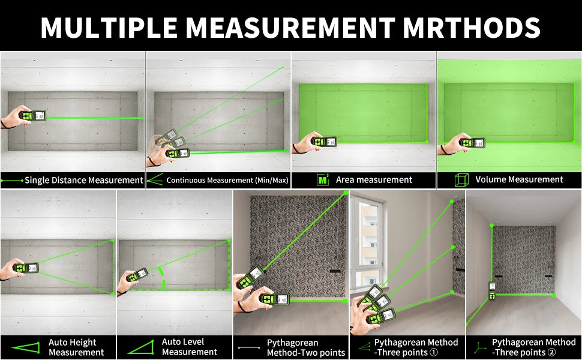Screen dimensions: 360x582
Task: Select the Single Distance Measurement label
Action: point(83,180)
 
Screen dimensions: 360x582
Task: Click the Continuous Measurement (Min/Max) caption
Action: point(226,180)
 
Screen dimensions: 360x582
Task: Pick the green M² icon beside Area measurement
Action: point(323,179)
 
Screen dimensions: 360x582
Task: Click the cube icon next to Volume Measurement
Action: point(461,179)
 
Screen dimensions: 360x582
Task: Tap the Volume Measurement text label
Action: point(519,179)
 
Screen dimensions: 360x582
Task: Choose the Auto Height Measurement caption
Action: point(76,347)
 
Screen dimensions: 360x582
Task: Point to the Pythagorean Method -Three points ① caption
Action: point(416,347)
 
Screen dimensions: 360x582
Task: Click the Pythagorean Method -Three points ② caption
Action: point(533,347)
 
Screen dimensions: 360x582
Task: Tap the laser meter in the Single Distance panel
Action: point(32,115)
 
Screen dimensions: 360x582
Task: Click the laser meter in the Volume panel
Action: point(472,143)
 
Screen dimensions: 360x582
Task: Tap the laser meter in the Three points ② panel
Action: point(492,292)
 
